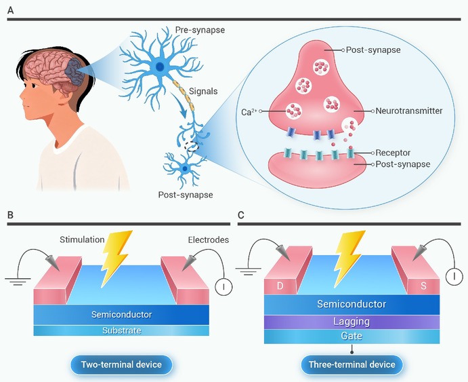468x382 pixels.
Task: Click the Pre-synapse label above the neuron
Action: [200, 30]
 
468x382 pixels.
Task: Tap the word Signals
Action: [203, 91]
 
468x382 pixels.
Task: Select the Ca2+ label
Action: [249, 112]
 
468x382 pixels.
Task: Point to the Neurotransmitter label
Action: [408, 111]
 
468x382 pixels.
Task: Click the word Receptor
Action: [393, 153]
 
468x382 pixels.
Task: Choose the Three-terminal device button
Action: [352, 364]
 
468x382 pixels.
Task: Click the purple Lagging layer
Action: [352, 322]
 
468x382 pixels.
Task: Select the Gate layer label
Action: [352, 336]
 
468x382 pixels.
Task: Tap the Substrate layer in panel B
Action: [121, 330]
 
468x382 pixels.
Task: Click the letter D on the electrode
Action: [280, 286]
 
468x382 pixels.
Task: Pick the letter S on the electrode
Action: [423, 286]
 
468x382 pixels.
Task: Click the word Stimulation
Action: [82, 240]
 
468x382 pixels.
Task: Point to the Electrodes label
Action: [209, 240]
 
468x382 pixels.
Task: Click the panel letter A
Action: [10, 10]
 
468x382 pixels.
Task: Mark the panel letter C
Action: [241, 215]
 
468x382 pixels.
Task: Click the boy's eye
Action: [33, 85]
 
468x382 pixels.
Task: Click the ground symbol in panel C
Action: [249, 271]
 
